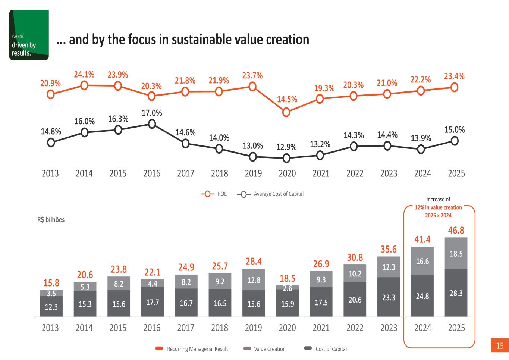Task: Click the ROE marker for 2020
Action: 286,112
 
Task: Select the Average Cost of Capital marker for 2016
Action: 152,124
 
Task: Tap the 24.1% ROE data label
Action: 84,75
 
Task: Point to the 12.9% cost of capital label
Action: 286,147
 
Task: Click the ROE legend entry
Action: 214,194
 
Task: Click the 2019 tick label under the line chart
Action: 253,173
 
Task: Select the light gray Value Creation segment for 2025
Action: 456,253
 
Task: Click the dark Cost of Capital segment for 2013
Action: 51,306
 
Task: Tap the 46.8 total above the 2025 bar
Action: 456,230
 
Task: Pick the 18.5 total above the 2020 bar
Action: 288,278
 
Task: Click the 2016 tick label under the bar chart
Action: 152,328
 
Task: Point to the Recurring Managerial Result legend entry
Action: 192,349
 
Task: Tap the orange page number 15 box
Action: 500,346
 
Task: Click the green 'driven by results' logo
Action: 29,35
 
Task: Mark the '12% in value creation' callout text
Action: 438,207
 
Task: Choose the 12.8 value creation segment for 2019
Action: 254,279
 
